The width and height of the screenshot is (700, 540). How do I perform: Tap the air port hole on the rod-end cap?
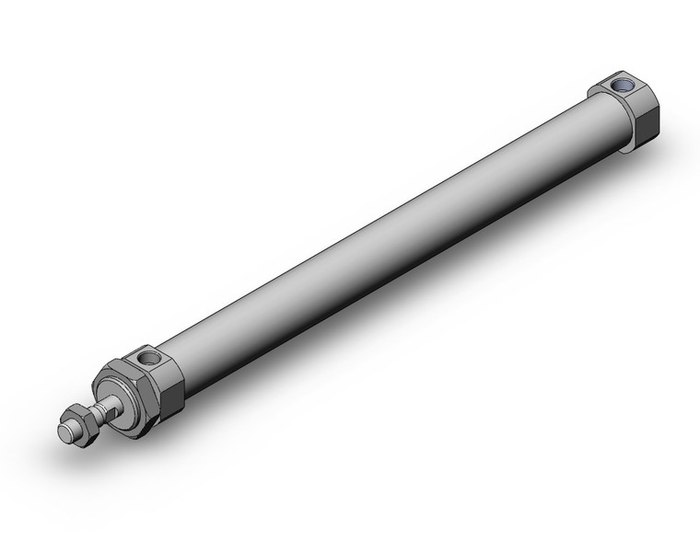click(146, 356)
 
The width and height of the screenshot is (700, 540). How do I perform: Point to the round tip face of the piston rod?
click(66, 431)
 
